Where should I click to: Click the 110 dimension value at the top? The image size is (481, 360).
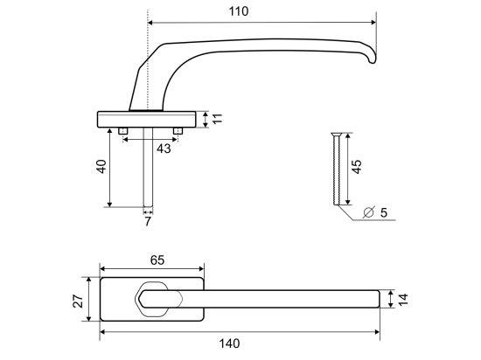(239, 11)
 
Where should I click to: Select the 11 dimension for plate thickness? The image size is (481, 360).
(218, 119)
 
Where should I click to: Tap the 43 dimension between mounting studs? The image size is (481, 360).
(164, 149)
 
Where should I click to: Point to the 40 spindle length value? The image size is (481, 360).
(101, 166)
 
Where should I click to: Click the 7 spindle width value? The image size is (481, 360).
(148, 221)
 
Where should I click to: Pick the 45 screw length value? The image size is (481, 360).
(357, 167)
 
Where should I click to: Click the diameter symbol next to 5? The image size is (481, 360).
(369, 212)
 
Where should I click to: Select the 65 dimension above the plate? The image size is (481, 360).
(157, 260)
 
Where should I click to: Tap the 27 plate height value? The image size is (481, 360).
(78, 301)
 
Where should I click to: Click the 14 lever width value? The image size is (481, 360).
(403, 300)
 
